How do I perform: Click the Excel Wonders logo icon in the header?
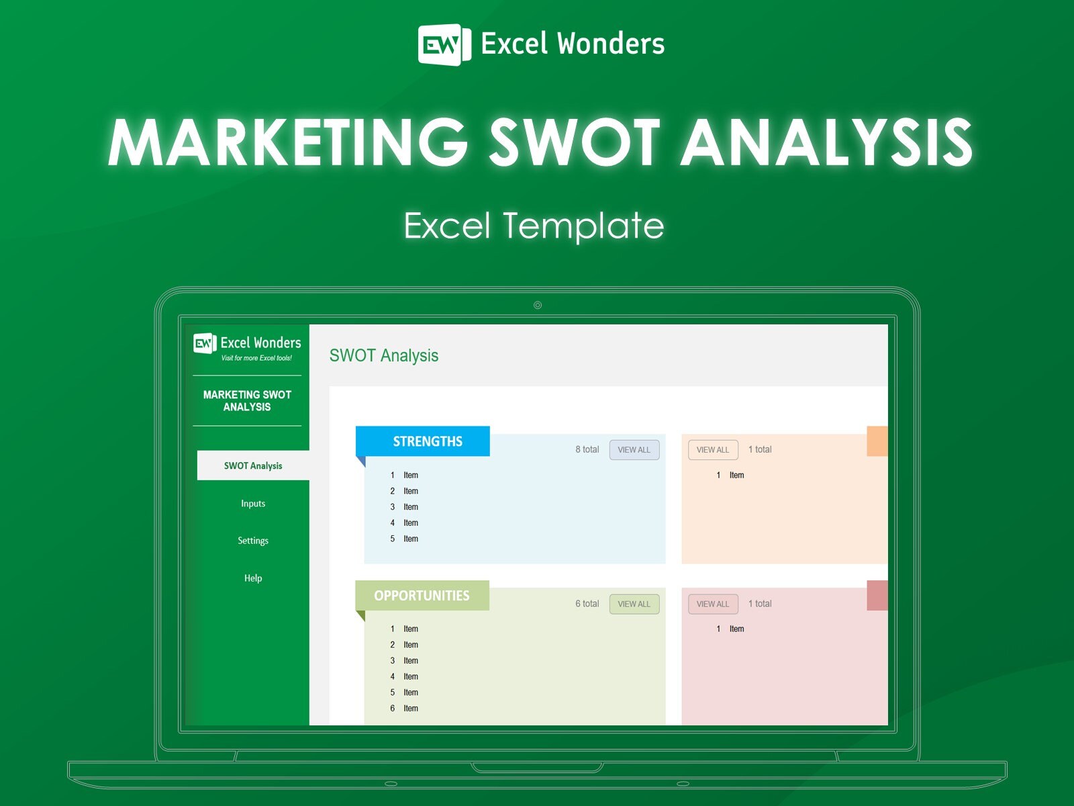[440, 44]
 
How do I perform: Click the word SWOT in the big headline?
[575, 142]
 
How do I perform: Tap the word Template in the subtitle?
[583, 226]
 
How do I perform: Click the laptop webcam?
[538, 305]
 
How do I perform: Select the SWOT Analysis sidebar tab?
[253, 465]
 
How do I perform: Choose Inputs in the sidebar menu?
[253, 503]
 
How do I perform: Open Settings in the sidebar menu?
[253, 541]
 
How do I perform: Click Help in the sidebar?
[253, 578]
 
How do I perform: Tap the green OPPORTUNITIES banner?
[422, 596]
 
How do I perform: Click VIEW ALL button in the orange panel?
[713, 450]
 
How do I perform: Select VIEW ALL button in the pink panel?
[713, 604]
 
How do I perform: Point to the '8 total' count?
[587, 449]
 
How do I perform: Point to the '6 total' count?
[587, 604]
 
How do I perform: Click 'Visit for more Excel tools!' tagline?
[256, 358]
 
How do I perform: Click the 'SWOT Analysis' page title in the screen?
[384, 355]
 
